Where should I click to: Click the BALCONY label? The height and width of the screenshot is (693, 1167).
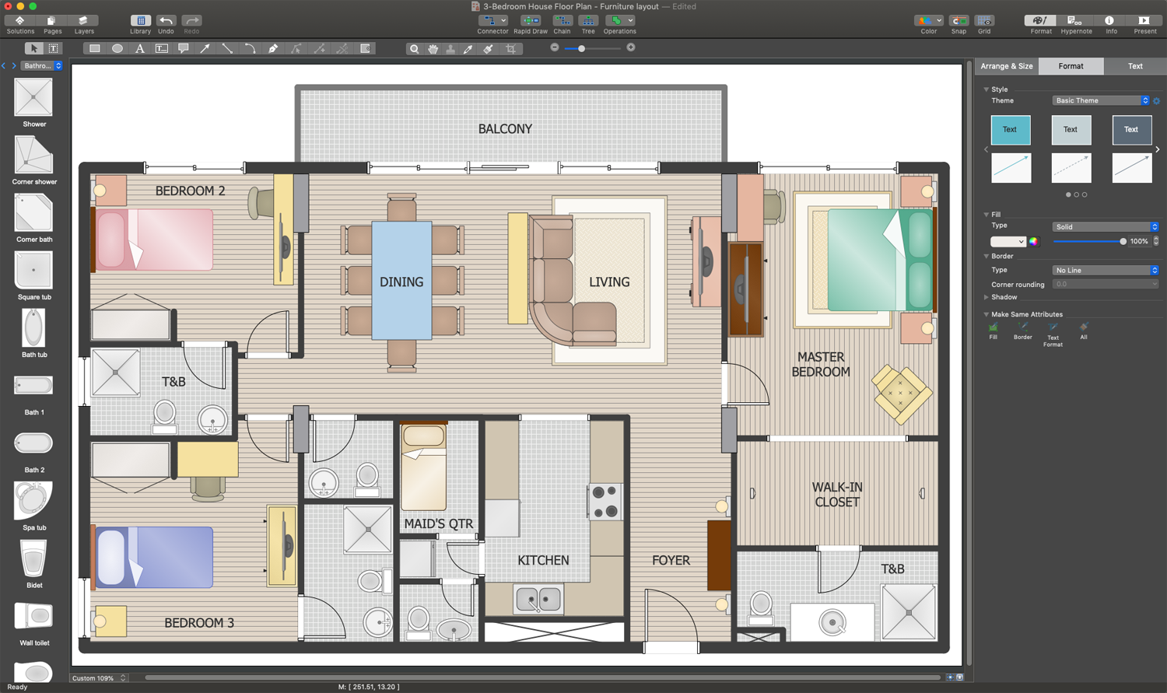pos(505,129)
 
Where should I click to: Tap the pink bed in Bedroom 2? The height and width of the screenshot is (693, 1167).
pos(163,240)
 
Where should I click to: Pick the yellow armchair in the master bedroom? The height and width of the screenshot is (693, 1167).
pos(901,394)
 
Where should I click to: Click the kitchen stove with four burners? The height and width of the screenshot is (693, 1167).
pos(605,501)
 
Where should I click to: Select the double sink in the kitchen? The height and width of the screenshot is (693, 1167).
pos(538,600)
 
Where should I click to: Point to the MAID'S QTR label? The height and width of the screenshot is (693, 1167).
pos(438,523)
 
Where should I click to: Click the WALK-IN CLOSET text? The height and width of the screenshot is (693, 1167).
pos(837,495)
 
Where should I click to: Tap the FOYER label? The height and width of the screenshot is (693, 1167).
pos(671,560)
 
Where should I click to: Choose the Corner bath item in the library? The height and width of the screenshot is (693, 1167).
pos(33,214)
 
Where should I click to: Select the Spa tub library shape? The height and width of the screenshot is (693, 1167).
pos(33,502)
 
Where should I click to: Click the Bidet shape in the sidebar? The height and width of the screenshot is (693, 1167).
pos(33,559)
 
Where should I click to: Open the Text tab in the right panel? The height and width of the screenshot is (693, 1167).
pos(1134,66)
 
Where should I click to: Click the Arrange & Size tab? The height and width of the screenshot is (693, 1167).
pos(1006,66)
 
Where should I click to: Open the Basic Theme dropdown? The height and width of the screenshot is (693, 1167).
pos(1100,100)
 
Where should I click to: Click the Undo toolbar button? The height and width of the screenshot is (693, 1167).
pos(166,24)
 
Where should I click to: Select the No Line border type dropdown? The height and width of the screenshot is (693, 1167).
pos(1105,270)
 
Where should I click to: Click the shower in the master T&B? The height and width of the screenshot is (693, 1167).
pos(909,612)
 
